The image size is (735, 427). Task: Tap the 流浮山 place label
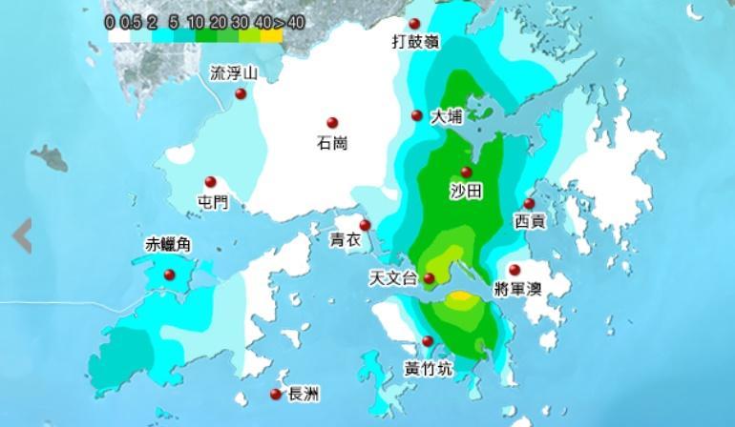[234, 72]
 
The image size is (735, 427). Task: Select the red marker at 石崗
[332, 123]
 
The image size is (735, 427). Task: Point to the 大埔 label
[447, 117]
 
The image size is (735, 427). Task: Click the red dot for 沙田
[467, 173]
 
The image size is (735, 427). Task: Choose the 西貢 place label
[530, 222]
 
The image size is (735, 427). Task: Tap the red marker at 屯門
[211, 182]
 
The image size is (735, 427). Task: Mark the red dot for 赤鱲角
[170, 275]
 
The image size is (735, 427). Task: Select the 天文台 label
[393, 279]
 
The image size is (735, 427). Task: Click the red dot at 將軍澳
[514, 270]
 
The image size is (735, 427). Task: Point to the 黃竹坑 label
[429, 368]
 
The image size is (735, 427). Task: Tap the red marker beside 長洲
[276, 395]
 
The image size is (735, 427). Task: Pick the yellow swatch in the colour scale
[272, 36]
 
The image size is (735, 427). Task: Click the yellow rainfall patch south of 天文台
[460, 298]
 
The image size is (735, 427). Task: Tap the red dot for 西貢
[529, 204]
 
